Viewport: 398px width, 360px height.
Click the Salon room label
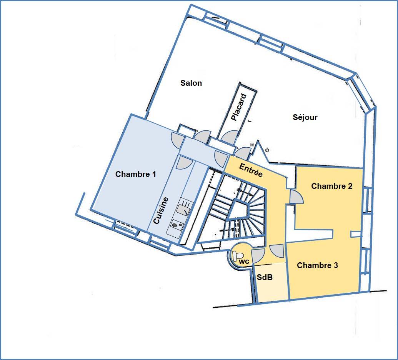[x=191, y=83]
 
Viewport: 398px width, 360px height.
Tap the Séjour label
[x=305, y=117]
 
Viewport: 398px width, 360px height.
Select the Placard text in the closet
[x=239, y=107]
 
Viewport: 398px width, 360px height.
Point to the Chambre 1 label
[x=135, y=174]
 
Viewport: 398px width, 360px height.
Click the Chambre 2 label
[x=332, y=186]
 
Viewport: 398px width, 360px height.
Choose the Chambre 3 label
[x=317, y=265]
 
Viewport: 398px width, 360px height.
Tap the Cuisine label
[x=161, y=210]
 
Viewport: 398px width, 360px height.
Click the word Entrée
[x=251, y=170]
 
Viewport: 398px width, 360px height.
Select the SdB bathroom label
[x=265, y=277]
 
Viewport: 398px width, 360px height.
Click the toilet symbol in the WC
[x=238, y=255]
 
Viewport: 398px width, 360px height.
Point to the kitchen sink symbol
[x=183, y=210]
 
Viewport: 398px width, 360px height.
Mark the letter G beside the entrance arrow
[x=267, y=150]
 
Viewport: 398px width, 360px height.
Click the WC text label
[x=244, y=262]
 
